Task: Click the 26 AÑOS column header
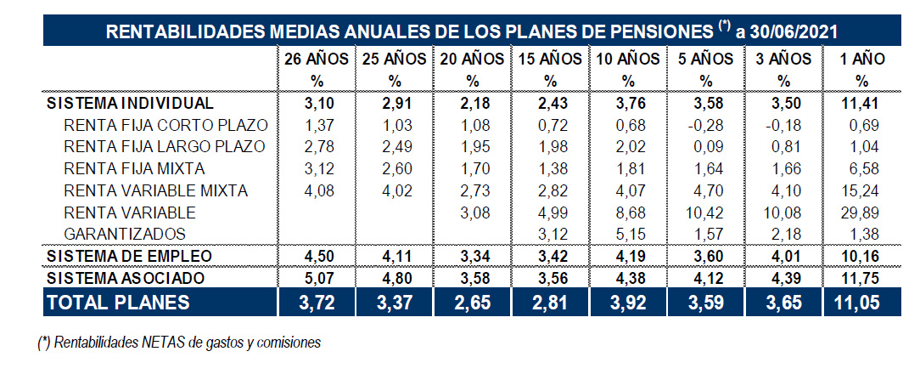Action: [317, 59]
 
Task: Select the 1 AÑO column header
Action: [862, 59]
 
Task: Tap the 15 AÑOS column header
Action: [550, 59]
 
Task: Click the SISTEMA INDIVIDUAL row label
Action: [128, 103]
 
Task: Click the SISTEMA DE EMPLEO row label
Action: [128, 256]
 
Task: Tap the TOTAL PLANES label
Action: [119, 302]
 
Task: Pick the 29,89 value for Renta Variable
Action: [864, 212]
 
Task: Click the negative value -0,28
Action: [706, 125]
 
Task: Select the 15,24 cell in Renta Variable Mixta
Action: [864, 190]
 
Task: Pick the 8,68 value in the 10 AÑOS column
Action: [628, 212]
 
